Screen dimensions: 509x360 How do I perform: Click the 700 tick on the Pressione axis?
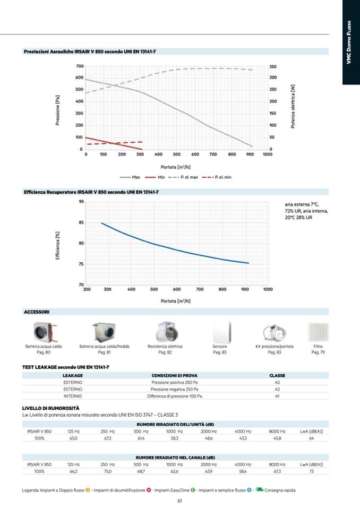click(x=80, y=66)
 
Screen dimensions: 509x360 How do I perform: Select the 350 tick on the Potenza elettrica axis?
click(x=273, y=66)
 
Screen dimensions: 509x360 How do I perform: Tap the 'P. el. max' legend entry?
click(x=190, y=177)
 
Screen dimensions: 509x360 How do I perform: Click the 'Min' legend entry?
click(x=162, y=177)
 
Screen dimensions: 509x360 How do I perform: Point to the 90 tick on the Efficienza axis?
click(x=81, y=202)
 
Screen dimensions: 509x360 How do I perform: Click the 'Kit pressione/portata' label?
click(x=274, y=346)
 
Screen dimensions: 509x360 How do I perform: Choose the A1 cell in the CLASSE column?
click(x=277, y=396)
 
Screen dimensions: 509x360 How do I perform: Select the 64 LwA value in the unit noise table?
click(x=312, y=438)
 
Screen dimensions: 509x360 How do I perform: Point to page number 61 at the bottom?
click(x=180, y=501)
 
